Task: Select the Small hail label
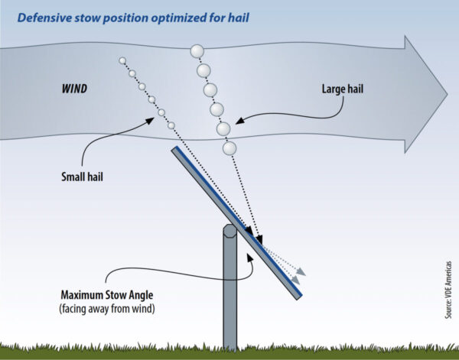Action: (83, 177)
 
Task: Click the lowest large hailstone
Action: (229, 147)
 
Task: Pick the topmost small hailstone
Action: (122, 60)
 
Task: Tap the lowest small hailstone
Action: (171, 125)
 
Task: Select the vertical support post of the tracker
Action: (230, 298)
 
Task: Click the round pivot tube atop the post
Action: (229, 232)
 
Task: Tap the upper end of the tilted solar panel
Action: (175, 151)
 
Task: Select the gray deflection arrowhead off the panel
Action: (301, 271)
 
